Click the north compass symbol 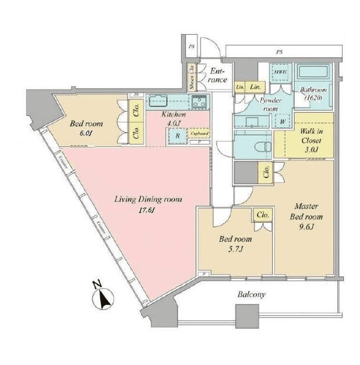[102, 297]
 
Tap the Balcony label [251, 294]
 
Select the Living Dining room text [148, 199]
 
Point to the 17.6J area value [146, 211]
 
